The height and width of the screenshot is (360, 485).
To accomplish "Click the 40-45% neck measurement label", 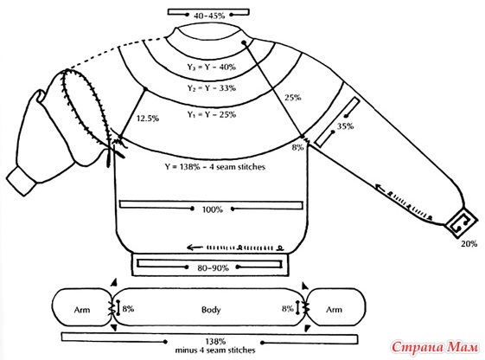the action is point(209,16).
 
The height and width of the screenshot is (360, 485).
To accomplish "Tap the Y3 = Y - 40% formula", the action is point(212,67).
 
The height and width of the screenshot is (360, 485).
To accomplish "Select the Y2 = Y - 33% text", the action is point(212,88).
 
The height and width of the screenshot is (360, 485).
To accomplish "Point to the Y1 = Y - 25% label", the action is point(212,114).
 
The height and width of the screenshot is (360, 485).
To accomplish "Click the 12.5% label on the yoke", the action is point(148,119).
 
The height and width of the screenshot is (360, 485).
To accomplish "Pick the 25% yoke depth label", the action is point(292,98).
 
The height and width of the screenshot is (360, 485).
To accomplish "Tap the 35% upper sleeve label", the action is point(345,126).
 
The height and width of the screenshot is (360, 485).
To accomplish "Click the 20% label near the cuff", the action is point(469,244).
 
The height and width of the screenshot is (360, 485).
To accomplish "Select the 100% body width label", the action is point(212,209).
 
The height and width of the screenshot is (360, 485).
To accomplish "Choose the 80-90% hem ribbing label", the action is point(213,267).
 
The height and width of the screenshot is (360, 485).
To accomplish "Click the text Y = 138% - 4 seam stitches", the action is point(215,167).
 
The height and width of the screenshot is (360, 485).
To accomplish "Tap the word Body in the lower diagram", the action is point(211,310).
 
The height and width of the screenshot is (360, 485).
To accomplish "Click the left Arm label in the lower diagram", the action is point(82,310).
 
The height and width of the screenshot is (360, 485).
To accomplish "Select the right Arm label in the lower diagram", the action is point(334,310).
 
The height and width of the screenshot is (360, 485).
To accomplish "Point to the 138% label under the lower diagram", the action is point(215,342).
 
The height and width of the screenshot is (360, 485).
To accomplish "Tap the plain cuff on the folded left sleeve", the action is point(21,182).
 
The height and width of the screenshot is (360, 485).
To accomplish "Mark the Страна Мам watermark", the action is point(434,347).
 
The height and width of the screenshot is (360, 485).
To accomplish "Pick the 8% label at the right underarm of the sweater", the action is point(297,148).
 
